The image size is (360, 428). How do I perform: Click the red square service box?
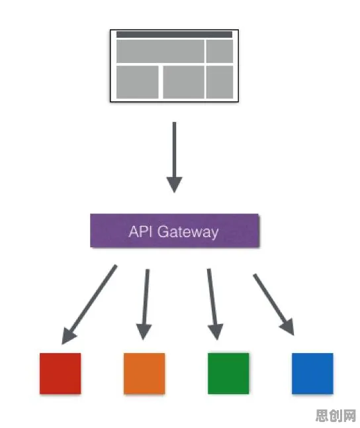(x=60, y=374)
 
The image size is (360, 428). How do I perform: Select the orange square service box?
(x=144, y=374)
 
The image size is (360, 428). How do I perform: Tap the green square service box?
(x=228, y=374)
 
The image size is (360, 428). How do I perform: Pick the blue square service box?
(x=312, y=374)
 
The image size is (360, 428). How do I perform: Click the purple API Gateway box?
(x=175, y=231)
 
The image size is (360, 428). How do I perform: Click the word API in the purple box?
(x=140, y=231)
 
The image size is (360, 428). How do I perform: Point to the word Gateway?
(x=188, y=233)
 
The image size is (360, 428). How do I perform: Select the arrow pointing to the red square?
(x=89, y=304)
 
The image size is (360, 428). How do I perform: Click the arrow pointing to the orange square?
(x=146, y=304)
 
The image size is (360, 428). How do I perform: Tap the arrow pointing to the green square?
(x=213, y=304)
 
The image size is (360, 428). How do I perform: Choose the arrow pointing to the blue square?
(x=274, y=305)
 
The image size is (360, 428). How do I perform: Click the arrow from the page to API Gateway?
(x=174, y=158)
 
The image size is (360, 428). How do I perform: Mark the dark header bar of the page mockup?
(x=174, y=34)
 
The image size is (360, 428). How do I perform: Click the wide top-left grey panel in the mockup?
(x=160, y=51)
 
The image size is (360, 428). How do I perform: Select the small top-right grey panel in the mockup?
(x=220, y=51)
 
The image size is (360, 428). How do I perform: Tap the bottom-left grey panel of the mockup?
(x=138, y=82)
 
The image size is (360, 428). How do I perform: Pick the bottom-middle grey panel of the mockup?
(x=183, y=82)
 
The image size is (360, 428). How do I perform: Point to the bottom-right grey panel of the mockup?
(x=220, y=82)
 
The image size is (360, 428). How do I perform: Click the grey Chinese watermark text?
(x=336, y=415)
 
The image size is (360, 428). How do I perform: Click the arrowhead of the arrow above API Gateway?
(x=174, y=185)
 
